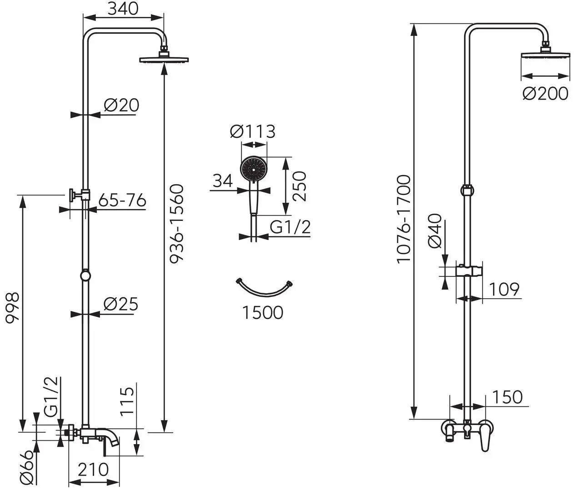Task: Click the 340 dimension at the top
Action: tap(123, 8)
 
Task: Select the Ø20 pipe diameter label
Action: tap(121, 105)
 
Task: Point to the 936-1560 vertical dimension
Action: tap(176, 223)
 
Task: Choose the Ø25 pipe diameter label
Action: tap(120, 304)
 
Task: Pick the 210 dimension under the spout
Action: tap(93, 469)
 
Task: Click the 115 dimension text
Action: tap(128, 401)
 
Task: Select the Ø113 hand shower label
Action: tap(253, 132)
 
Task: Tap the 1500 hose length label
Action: tap(262, 312)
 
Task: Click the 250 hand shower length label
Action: tap(299, 186)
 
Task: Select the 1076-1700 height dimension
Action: tap(403, 219)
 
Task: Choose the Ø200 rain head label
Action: tap(545, 94)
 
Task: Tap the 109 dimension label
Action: tap(504, 289)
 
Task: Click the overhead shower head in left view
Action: tap(164, 59)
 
